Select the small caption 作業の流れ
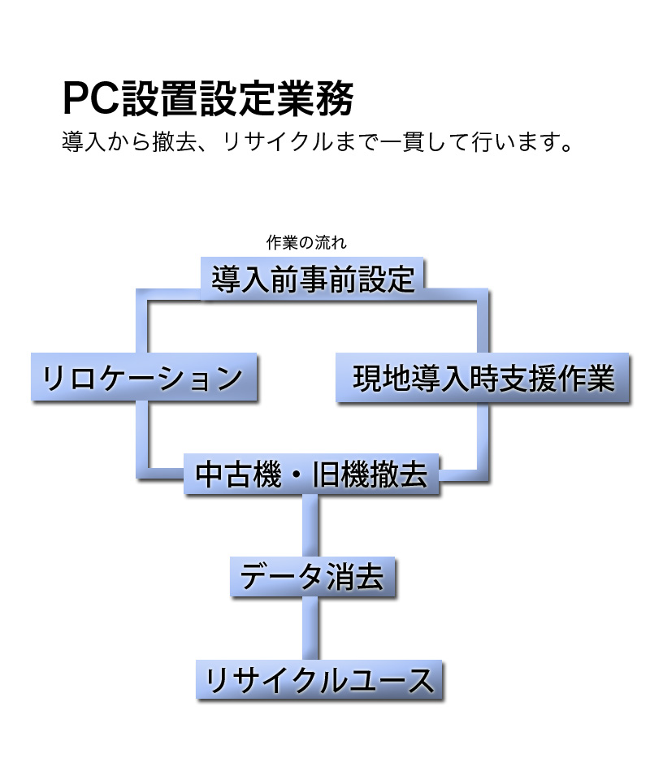tap(306, 242)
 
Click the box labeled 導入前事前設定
tap(313, 279)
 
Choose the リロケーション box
tap(143, 378)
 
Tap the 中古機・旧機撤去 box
tap(312, 474)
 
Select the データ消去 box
tap(313, 577)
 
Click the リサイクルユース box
tap(319, 679)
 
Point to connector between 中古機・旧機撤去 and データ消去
tap(310, 526)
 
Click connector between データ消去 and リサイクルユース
tap(310, 629)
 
